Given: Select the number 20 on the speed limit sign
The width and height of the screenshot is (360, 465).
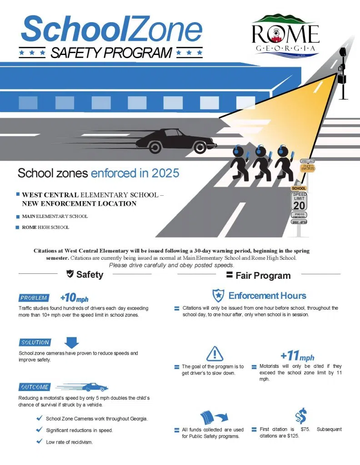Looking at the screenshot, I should pos(299,205).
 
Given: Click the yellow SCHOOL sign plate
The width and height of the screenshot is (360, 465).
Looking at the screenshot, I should pos(299,188).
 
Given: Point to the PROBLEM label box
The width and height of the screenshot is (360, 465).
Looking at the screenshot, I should pos(34,298).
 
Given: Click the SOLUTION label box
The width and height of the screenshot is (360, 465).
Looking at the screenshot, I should pos(35,342).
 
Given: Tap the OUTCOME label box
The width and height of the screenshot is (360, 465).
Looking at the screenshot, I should pos(35,387).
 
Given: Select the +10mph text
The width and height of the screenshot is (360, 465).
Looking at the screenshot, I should pos(74,298).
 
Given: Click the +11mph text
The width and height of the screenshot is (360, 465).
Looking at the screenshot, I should pos(297,356).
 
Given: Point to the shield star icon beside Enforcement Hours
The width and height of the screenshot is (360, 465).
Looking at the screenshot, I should pos(218,296).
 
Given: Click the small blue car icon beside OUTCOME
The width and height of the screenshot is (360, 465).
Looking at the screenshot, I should pos(95,387).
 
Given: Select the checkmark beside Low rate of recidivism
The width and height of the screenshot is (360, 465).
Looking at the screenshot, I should pos(39,441).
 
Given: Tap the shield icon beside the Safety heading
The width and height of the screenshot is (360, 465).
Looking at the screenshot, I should pos(70,274).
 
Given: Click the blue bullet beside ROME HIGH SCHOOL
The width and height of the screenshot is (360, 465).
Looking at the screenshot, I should pos(18,227).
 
